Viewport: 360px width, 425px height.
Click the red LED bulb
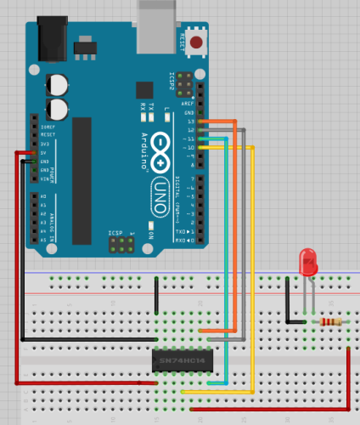[x=308, y=261]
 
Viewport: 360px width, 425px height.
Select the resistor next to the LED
[x=330, y=322]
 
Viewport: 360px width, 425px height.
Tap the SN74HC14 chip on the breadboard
[x=182, y=360]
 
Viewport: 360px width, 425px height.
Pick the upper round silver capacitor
[x=59, y=83]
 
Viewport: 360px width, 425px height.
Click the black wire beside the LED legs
[x=289, y=306]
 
